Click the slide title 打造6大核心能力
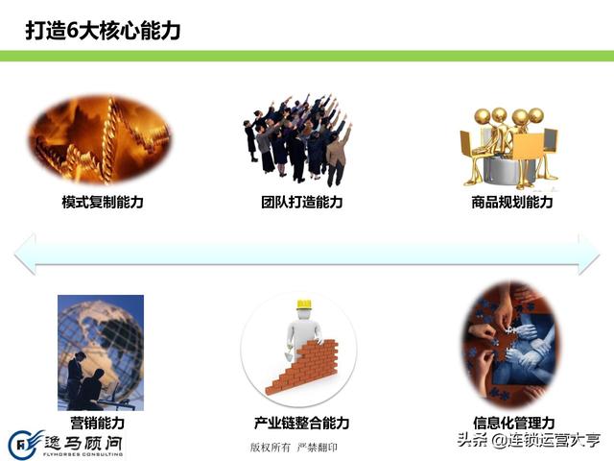tap(103, 31)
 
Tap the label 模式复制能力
tap(103, 202)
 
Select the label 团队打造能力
tap(302, 202)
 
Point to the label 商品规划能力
tap(511, 202)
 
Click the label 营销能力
tap(98, 423)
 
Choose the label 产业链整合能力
tap(301, 423)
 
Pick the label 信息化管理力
tap(514, 423)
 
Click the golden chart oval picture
tap(100, 140)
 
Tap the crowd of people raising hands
tap(297, 140)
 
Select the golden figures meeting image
tap(509, 148)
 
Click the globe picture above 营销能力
tap(101, 352)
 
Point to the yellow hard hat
tap(304, 304)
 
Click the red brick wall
tap(301, 367)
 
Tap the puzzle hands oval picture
tap(512, 345)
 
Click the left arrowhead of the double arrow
tap(24, 254)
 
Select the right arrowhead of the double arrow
tap(589, 254)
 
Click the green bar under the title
tap(307, 56)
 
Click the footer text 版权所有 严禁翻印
tap(294, 448)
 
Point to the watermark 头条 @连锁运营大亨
tap(529, 440)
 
